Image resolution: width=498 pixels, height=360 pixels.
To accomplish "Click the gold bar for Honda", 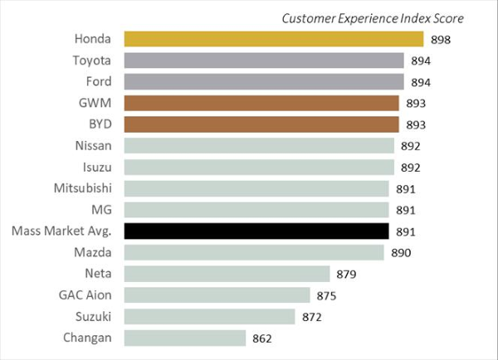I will point(274,38).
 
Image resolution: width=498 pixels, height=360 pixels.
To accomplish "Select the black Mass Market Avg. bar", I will point(256,231).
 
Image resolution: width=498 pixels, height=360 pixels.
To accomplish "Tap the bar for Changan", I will point(185,338).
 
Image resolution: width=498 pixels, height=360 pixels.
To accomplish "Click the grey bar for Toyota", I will point(264,60).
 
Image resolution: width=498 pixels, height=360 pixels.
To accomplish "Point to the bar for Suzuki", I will point(210,316).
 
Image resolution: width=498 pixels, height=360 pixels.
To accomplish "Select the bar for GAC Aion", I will point(217,294).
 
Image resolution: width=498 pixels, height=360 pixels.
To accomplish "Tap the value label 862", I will point(263,338).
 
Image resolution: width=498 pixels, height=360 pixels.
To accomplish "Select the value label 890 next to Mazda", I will point(401,252).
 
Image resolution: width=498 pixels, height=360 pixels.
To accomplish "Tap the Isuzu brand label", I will point(97,167).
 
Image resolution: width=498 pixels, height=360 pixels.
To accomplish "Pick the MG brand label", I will point(102,209).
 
